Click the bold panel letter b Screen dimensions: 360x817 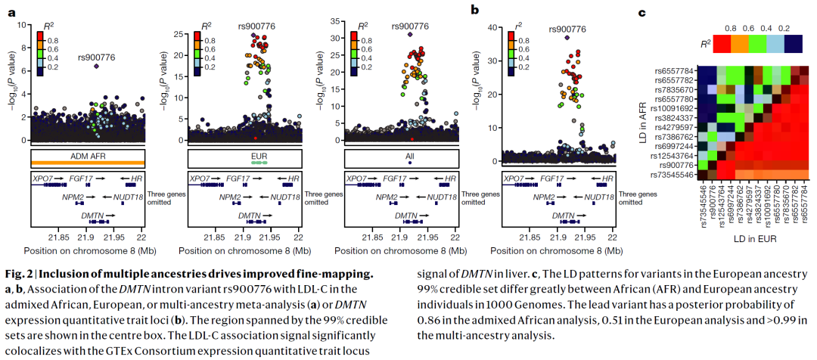pyautogui.click(x=475, y=11)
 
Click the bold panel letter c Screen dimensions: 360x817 pyautogui.click(x=641, y=12)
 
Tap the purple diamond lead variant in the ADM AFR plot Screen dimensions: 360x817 pyautogui.click(x=97, y=66)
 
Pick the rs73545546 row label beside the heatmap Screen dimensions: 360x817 pyautogui.click(x=673, y=175)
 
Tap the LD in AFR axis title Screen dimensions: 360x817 pyautogui.click(x=642, y=122)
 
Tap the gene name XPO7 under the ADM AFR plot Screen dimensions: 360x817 pyautogui.click(x=42, y=178)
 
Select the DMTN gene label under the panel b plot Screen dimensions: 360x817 pyautogui.click(x=562, y=216)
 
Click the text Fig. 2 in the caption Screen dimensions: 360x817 pyautogui.click(x=20, y=274)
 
